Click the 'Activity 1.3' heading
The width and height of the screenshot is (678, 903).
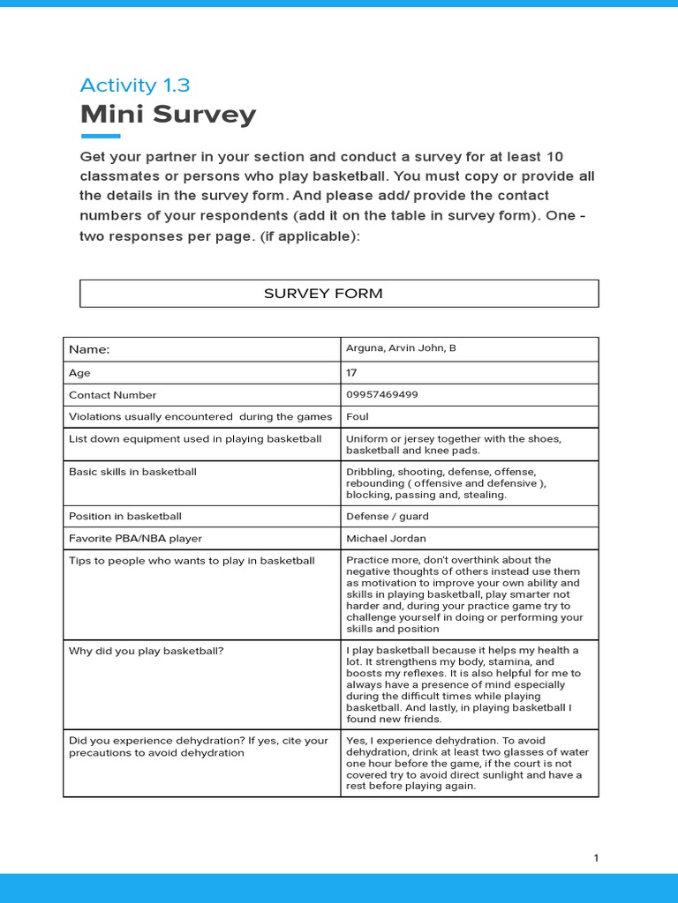click(134, 86)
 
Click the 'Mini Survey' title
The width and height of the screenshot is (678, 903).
click(168, 114)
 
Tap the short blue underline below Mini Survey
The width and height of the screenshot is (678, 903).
click(100, 136)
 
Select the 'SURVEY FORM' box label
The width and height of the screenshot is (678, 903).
click(323, 294)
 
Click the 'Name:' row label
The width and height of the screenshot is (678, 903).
click(89, 349)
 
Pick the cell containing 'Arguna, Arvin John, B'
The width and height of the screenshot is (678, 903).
click(401, 348)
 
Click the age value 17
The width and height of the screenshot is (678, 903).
click(351, 373)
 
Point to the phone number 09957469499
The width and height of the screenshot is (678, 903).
click(381, 395)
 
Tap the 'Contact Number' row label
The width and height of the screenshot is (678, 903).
click(112, 395)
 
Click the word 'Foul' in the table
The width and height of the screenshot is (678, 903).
click(358, 416)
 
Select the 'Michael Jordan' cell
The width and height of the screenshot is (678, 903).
click(387, 538)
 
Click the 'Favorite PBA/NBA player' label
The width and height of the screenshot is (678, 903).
click(135, 538)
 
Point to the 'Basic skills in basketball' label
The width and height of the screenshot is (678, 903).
click(132, 472)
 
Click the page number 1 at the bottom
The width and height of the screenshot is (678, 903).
click(596, 858)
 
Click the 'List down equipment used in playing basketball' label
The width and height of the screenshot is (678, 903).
click(195, 438)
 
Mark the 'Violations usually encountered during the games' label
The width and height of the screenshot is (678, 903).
click(200, 416)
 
